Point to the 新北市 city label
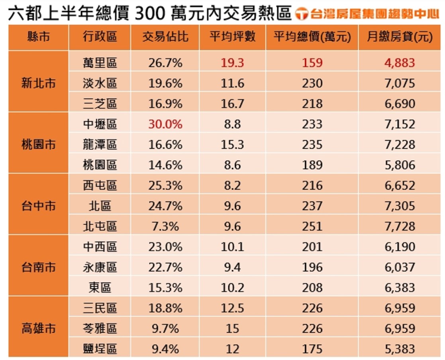click(39, 83)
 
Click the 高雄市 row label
click(39, 329)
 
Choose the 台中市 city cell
click(39, 206)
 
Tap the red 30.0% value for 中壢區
click(165, 124)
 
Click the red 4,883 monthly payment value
click(400, 63)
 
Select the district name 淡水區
click(100, 83)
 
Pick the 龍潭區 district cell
click(100, 144)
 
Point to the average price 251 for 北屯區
click(312, 226)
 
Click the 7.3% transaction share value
click(165, 226)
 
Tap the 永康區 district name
click(100, 267)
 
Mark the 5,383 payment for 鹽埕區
click(400, 349)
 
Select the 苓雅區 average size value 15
click(232, 329)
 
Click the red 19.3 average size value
click(232, 63)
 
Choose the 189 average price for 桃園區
click(312, 165)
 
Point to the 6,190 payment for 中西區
click(400, 247)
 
